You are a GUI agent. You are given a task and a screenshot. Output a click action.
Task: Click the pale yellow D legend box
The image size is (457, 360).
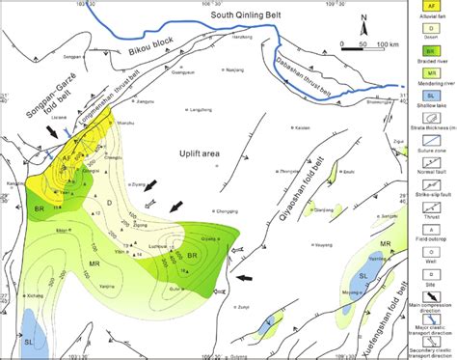[x=432, y=30]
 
